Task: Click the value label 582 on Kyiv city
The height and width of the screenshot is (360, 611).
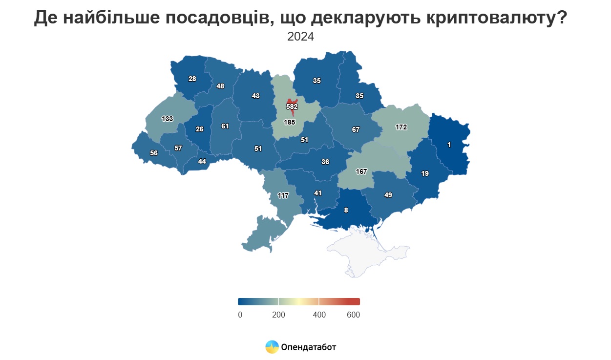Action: pyautogui.click(x=292, y=106)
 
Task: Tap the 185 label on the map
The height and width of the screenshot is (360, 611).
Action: pyautogui.click(x=290, y=122)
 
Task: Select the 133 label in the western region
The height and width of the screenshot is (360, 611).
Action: pyautogui.click(x=167, y=119)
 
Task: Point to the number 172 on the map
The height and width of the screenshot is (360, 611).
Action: pyautogui.click(x=401, y=127)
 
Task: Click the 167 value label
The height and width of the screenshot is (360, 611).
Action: pyautogui.click(x=361, y=171)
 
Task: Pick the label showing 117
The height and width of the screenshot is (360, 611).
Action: pyautogui.click(x=283, y=195)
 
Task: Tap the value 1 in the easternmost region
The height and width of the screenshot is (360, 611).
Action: pyautogui.click(x=449, y=144)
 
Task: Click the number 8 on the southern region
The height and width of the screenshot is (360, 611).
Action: pyautogui.click(x=346, y=211)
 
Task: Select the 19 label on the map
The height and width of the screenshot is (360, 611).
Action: pyautogui.click(x=425, y=173)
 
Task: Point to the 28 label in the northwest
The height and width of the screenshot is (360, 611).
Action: pyautogui.click(x=192, y=79)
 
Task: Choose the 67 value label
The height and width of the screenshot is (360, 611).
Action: pyautogui.click(x=356, y=129)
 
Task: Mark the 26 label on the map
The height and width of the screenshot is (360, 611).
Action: pyautogui.click(x=199, y=129)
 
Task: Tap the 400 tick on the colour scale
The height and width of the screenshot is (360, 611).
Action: pyautogui.click(x=319, y=315)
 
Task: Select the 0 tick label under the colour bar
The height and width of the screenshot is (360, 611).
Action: pyautogui.click(x=240, y=315)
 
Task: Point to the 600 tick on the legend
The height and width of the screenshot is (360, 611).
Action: pyautogui.click(x=353, y=315)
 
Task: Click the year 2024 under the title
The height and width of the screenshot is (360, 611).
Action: pyautogui.click(x=300, y=37)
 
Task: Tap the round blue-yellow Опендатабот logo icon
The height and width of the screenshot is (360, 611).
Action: pyautogui.click(x=272, y=347)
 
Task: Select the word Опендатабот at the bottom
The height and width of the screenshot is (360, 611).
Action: pyautogui.click(x=309, y=347)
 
